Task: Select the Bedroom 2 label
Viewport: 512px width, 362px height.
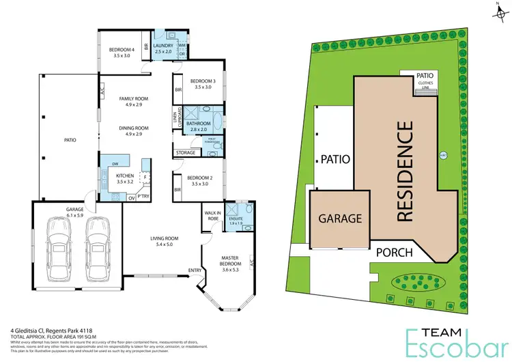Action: pos(203,180)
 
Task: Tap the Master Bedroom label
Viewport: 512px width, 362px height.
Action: pos(232,262)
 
